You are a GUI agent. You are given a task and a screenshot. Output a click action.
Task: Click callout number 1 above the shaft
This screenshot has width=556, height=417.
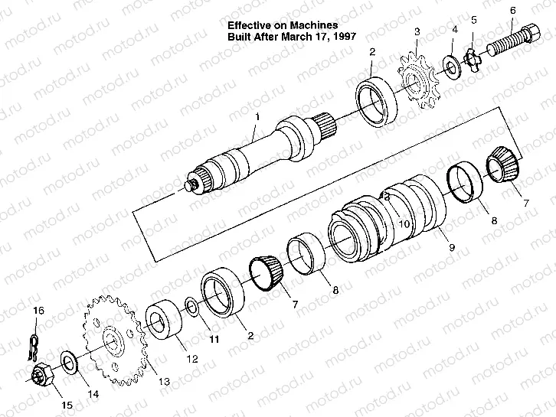click(x=258, y=116)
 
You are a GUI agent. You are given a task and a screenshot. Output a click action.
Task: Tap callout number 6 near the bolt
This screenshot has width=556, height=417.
click(x=513, y=11)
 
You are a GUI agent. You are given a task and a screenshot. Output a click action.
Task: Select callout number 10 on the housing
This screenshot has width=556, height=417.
click(x=404, y=224)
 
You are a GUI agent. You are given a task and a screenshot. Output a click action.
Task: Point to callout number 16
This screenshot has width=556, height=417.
click(x=38, y=311)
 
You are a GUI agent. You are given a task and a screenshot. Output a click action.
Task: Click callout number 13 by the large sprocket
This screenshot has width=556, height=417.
click(x=164, y=382)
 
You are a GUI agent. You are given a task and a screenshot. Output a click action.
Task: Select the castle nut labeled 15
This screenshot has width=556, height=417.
click(x=42, y=375)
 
